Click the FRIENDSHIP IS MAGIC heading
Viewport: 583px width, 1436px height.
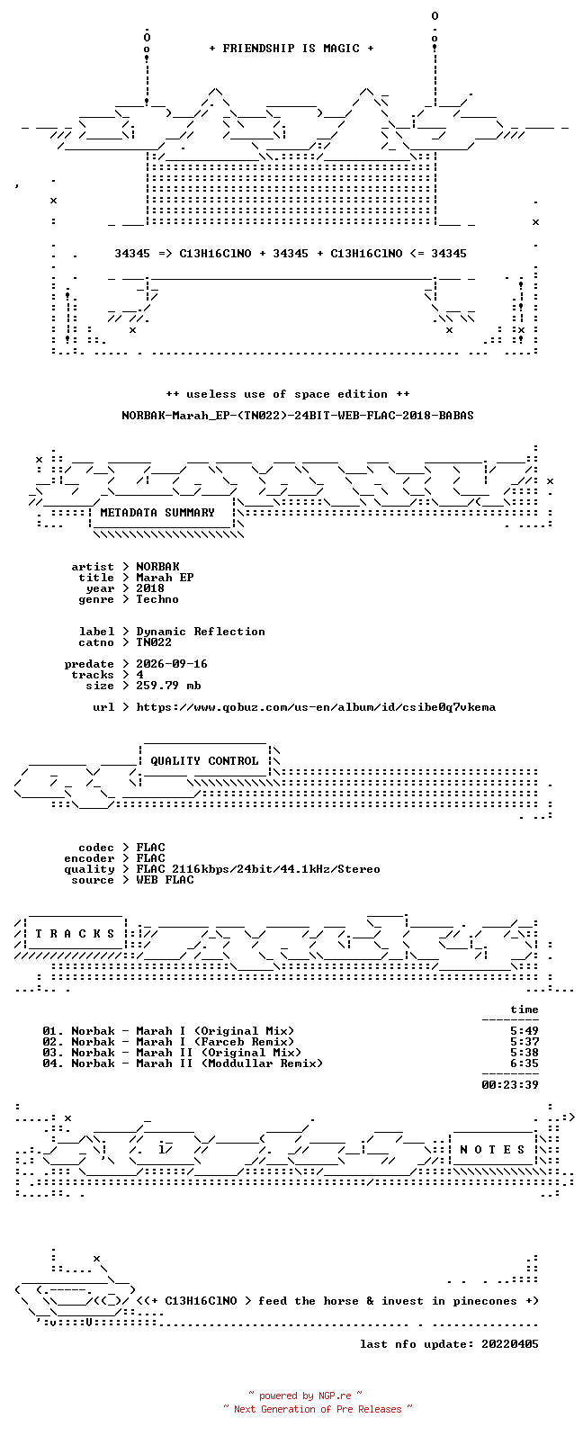point(291,49)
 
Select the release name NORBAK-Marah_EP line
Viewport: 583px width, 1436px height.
point(298,416)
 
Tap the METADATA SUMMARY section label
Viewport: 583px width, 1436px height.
point(157,513)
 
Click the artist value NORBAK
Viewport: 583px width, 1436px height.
point(157,567)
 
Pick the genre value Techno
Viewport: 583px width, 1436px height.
point(157,599)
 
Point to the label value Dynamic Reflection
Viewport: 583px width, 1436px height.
point(200,632)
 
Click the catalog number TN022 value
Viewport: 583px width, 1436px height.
point(154,642)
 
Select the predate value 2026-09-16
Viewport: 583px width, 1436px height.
point(172,664)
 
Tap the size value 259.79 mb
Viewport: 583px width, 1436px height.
point(168,686)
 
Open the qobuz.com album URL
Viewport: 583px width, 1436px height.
point(316,708)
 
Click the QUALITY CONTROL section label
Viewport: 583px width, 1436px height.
point(204,761)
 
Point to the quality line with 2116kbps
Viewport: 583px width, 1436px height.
point(258,869)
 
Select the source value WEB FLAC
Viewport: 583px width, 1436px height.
point(165,880)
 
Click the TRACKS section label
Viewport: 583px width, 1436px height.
point(75,934)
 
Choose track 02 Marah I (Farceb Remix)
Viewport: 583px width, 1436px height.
point(168,1042)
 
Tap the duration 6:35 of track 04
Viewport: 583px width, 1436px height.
point(525,1064)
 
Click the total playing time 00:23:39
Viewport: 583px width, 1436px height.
point(510,1085)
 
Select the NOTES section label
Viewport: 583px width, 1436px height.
point(492,1150)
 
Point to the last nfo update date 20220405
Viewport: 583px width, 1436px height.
point(510,1344)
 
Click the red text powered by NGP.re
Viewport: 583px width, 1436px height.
point(305,1396)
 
